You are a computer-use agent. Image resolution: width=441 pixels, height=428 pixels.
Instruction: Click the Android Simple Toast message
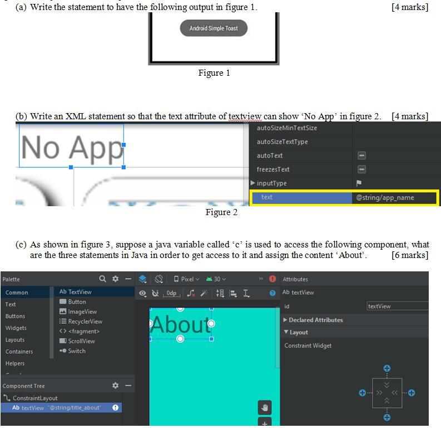pyautogui.click(x=214, y=28)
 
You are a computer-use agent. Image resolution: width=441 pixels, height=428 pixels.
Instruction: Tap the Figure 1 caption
pyautogui.click(x=214, y=73)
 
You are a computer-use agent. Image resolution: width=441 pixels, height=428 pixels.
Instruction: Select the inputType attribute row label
pyautogui.click(x=272, y=183)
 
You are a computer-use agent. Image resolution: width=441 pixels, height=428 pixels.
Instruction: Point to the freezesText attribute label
pyautogui.click(x=273, y=169)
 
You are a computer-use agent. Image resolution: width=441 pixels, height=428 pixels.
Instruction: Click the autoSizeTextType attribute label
pyautogui.click(x=282, y=142)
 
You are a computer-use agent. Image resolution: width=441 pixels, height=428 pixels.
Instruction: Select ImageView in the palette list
pyautogui.click(x=82, y=312)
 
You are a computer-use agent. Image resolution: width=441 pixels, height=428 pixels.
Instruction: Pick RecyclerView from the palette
pyautogui.click(x=85, y=322)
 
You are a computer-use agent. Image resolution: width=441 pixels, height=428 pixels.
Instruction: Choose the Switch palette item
pyautogui.click(x=77, y=351)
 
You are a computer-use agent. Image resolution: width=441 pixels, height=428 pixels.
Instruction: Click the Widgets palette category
pyautogui.click(x=16, y=328)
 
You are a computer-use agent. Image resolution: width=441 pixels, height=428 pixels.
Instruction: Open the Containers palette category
pyautogui.click(x=19, y=352)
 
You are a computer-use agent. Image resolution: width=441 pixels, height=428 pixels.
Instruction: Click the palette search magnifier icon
pyautogui.click(x=102, y=279)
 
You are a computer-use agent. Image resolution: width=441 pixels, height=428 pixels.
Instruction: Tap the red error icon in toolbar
pyautogui.click(x=272, y=279)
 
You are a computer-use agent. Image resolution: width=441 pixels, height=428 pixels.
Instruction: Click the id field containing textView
pyautogui.click(x=397, y=306)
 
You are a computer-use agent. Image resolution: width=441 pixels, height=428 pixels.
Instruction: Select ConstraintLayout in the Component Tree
pyautogui.click(x=35, y=398)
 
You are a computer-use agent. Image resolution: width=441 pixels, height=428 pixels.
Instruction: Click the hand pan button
pyautogui.click(x=265, y=407)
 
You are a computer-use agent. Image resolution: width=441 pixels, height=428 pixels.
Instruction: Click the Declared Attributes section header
pyautogui.click(x=315, y=320)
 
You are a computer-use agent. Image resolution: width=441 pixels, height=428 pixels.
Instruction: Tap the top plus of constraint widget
pyautogui.click(x=387, y=368)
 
